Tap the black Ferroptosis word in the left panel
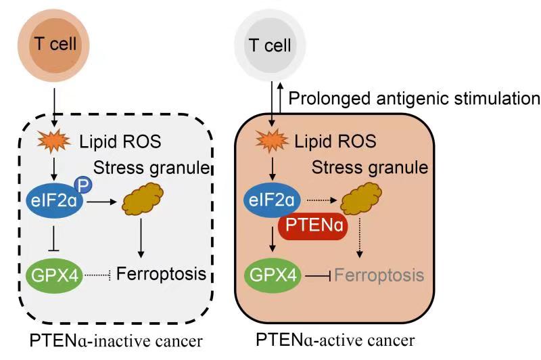pyautogui.click(x=161, y=275)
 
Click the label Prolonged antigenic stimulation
pyautogui.click(x=414, y=99)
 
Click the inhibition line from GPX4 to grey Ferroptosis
pyautogui.click(x=316, y=275)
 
